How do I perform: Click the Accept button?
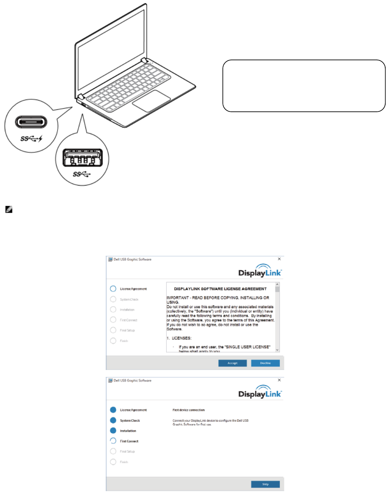(x=232, y=363)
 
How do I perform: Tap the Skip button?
(x=265, y=484)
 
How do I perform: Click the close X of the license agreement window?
(x=279, y=259)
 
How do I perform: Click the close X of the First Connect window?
(x=279, y=380)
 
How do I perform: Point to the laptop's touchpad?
(x=150, y=100)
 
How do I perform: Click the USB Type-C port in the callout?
(x=32, y=122)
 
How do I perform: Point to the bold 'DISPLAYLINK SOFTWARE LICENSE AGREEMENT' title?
(x=220, y=289)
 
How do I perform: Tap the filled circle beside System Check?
(x=113, y=420)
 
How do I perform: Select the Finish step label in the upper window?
(x=124, y=341)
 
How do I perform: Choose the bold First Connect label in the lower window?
(x=129, y=441)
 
